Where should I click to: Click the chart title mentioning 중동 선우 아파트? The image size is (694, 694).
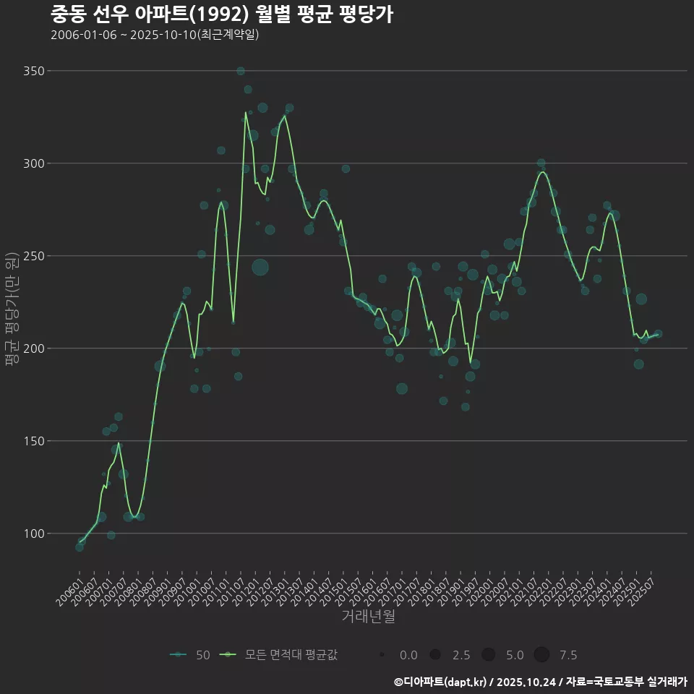pos(222,14)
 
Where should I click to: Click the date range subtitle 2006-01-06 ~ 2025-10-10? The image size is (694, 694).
pos(155,35)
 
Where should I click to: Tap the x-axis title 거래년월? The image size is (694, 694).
pos(368,617)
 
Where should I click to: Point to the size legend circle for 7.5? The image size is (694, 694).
pos(542,655)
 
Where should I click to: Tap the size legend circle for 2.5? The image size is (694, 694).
pos(435,655)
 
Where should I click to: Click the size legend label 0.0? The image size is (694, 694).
pos(408,655)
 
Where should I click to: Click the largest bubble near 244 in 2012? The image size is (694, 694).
pos(260,267)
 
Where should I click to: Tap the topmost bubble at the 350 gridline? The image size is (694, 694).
pos(241,71)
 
